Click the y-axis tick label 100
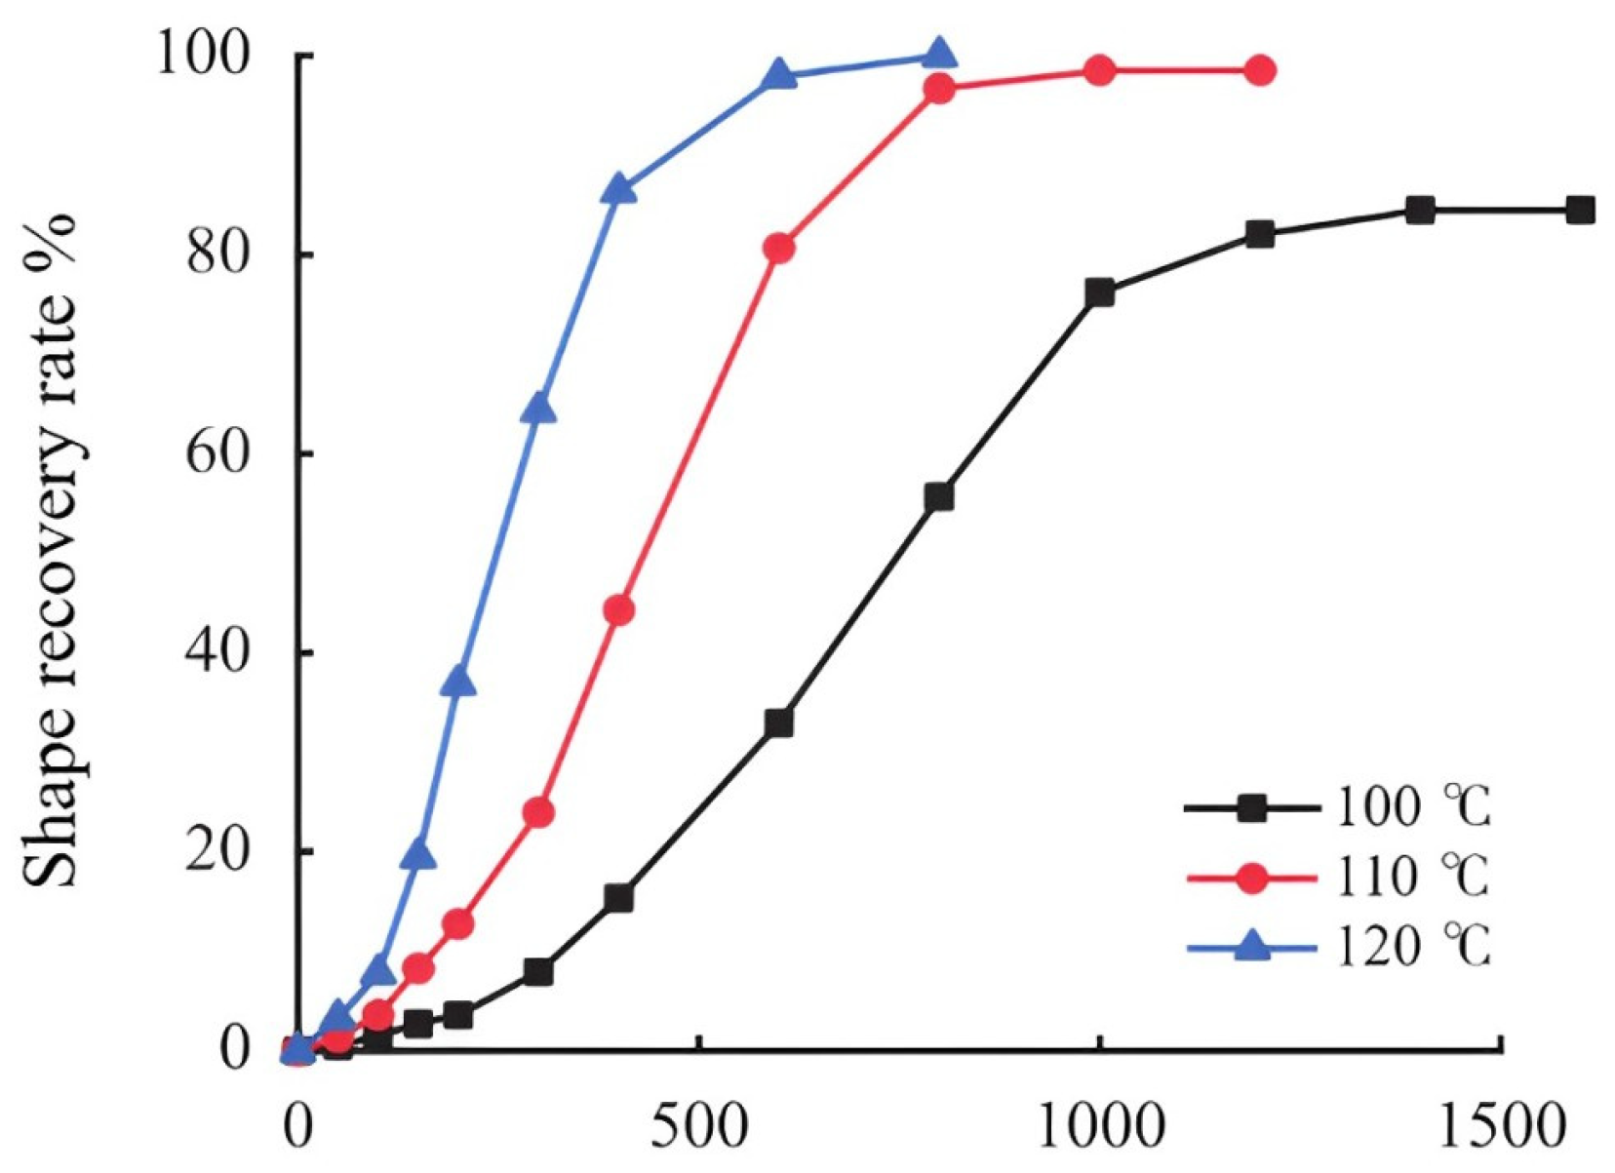[210, 57]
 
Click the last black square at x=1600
[1580, 210]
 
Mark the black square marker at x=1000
[1099, 293]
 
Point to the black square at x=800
[938, 497]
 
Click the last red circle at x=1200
[1259, 70]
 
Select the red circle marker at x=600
[778, 249]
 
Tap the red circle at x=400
[618, 611]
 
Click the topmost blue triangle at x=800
[938, 54]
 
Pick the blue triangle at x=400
[618, 189]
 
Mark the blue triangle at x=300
[538, 410]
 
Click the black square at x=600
[778, 723]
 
